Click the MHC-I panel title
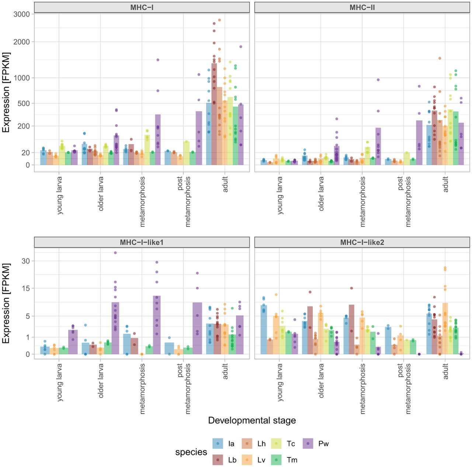[x=142, y=7]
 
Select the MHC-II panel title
[x=362, y=7]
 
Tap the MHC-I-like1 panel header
[x=142, y=242]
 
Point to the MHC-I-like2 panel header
[x=362, y=242]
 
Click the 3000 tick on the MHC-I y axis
[x=21, y=14]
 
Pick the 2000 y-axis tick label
[x=21, y=42]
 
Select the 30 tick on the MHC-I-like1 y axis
[x=26, y=261]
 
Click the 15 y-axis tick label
[x=26, y=288]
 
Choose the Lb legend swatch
[x=218, y=460]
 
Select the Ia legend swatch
[x=218, y=443]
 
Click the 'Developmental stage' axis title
[x=252, y=420]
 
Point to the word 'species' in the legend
[x=191, y=452]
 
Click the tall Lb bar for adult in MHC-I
[x=214, y=114]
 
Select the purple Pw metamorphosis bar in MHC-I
[x=158, y=140]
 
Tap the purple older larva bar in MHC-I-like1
[x=115, y=328]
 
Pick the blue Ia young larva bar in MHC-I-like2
[x=264, y=330]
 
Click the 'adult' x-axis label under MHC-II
[x=445, y=184]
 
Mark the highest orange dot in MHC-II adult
[x=440, y=58]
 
